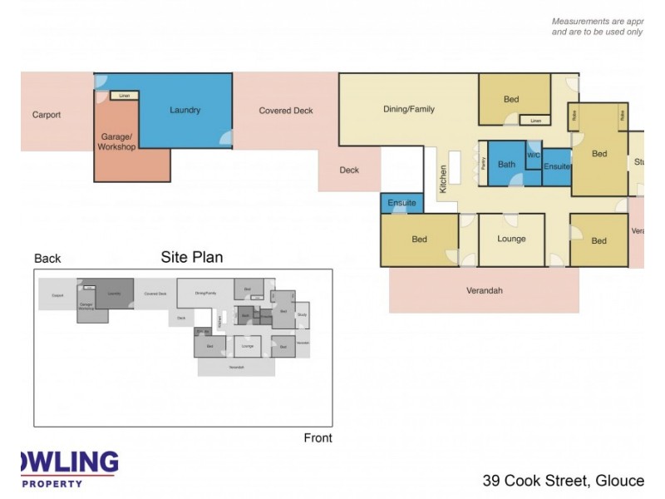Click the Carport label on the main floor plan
47,115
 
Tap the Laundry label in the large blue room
185,110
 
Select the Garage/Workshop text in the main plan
117,141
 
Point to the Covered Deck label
285,111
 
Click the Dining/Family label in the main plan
408,109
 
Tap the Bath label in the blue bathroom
506,165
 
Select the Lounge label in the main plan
511,239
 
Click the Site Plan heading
191,257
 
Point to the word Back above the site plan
47,259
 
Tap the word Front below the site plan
318,438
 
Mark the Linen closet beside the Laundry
125,96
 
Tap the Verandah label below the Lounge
484,291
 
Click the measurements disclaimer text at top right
597,27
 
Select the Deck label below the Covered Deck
349,170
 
